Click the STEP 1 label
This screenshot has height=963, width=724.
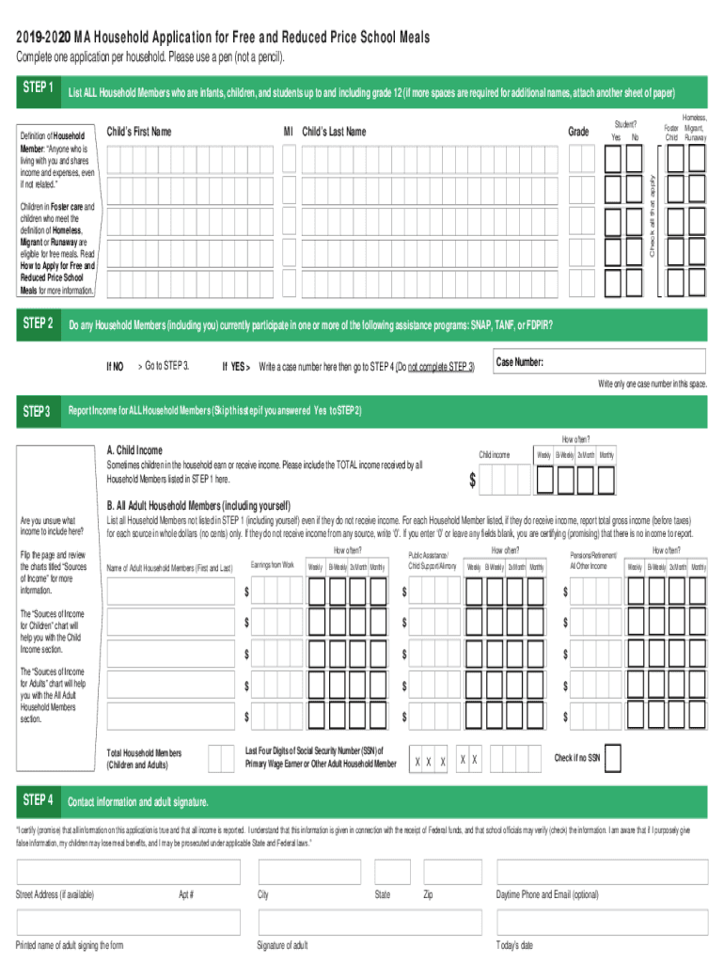pos(38,87)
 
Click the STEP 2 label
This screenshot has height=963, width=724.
pos(38,324)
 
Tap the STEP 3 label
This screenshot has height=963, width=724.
pos(38,411)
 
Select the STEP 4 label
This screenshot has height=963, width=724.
pos(38,800)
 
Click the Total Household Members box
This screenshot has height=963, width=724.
pos(221,758)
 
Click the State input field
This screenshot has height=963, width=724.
pos(392,872)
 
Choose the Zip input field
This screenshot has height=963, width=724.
pos(452,872)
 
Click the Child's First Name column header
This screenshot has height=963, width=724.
pos(139,132)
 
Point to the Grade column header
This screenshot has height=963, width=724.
pos(579,133)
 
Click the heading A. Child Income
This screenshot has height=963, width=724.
pos(134,450)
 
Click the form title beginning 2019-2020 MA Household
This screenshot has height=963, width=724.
pos(222,38)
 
